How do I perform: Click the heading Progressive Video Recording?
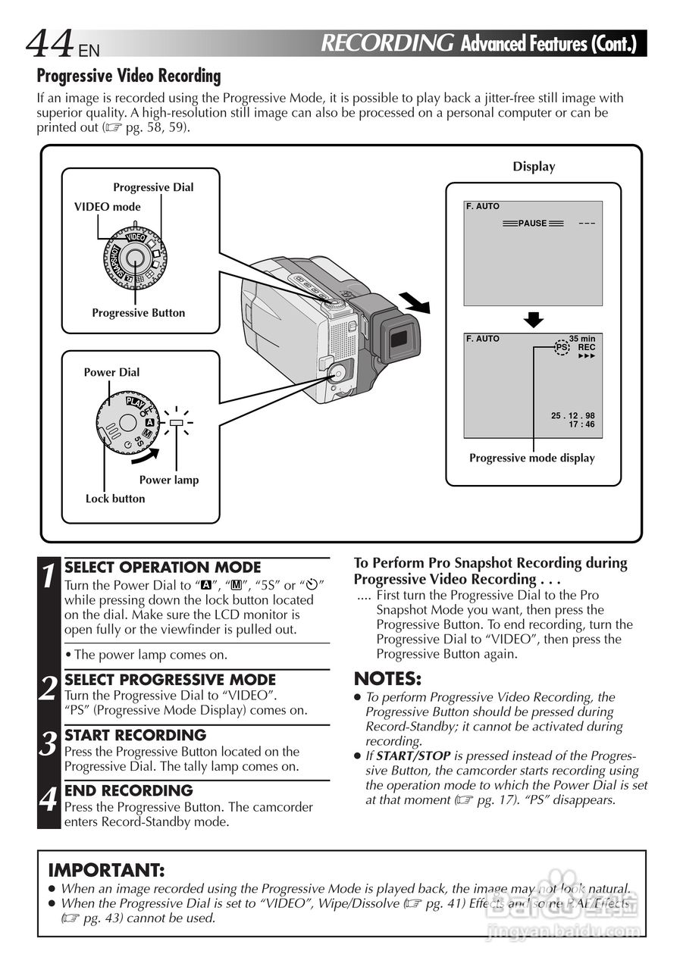[129, 77]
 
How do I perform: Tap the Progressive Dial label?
[153, 187]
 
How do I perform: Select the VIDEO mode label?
[107, 207]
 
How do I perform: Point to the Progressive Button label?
[138, 313]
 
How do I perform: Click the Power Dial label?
[111, 372]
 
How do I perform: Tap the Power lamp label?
[168, 480]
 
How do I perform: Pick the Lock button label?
[115, 499]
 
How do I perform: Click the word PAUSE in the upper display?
[532, 224]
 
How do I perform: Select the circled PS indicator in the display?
[561, 347]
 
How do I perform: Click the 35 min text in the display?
[582, 339]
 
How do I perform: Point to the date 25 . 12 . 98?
[573, 415]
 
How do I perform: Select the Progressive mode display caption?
[531, 458]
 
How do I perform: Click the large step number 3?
[49, 744]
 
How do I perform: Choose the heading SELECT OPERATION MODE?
[163, 567]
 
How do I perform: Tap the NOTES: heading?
[387, 678]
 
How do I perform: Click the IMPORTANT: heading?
[106, 870]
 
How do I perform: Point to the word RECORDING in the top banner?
[387, 43]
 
